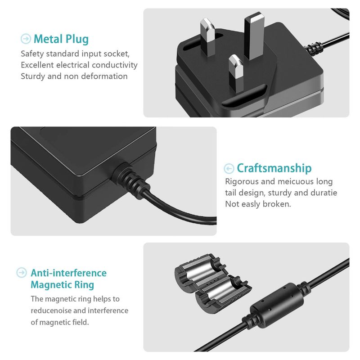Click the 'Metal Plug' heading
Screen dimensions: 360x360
(x=61, y=39)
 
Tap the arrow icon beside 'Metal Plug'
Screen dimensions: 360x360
(x=26, y=39)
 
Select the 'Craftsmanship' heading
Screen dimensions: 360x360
(x=274, y=168)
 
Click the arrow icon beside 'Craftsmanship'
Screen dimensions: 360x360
(x=229, y=168)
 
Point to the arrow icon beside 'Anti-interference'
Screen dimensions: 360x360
(x=22, y=273)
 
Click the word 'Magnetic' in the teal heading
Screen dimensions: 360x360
(x=48, y=285)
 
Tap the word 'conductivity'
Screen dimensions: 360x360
(x=115, y=65)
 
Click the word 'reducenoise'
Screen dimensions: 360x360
(x=51, y=310)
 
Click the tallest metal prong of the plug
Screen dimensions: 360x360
(x=254, y=36)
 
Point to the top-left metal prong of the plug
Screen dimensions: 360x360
(x=208, y=37)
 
